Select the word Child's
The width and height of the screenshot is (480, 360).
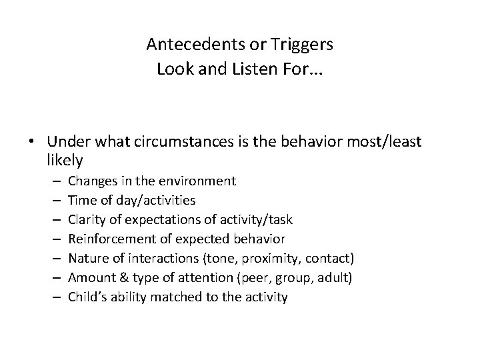[x=87, y=297]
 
